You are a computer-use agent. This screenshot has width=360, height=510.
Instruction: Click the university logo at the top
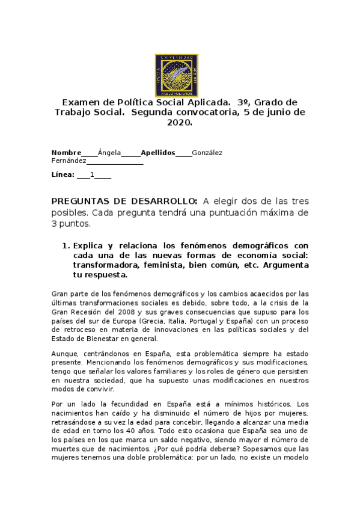[x=177, y=75]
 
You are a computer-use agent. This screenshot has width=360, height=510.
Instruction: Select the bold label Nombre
[x=66, y=153]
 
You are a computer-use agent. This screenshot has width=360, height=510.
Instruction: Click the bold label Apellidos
[x=157, y=153]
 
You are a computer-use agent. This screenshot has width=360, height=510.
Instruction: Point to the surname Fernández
[x=69, y=161]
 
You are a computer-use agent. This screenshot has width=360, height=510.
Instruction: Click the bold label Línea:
[x=63, y=175]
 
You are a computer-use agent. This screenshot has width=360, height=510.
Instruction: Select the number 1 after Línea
[x=91, y=175]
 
